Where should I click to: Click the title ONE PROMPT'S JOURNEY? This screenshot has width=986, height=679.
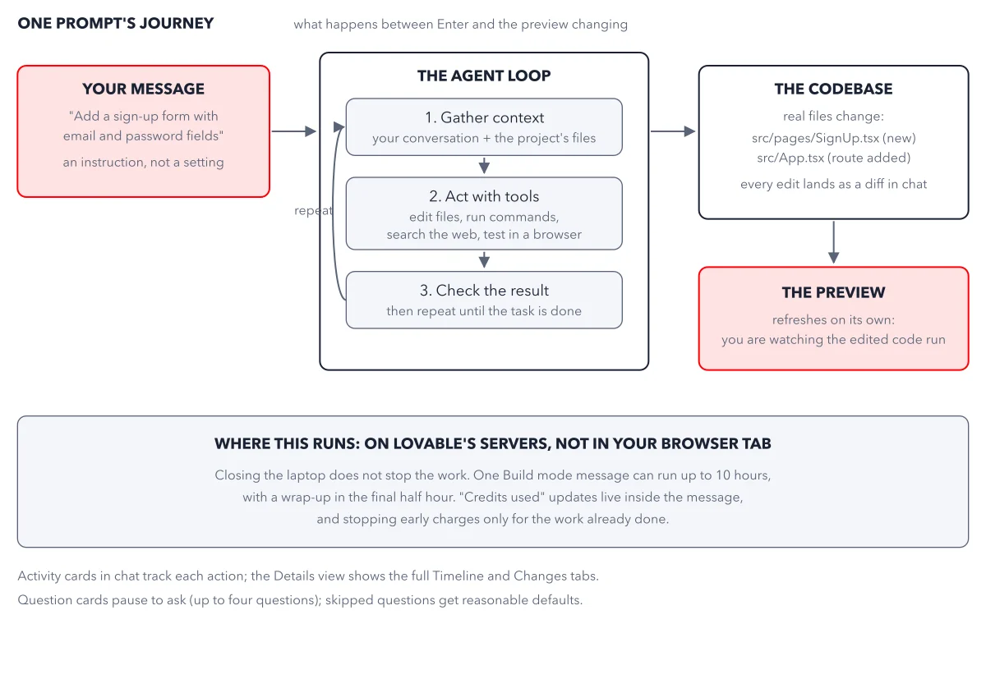(x=115, y=23)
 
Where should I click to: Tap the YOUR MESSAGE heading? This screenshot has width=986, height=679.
(x=143, y=89)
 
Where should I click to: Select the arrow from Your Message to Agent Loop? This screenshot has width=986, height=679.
(x=293, y=131)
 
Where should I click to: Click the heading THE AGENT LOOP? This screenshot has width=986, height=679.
(x=484, y=76)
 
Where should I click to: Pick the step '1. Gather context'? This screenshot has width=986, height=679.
(x=484, y=127)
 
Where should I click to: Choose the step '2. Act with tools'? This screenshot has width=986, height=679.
(x=484, y=213)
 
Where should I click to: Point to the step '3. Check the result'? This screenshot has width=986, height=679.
(x=484, y=300)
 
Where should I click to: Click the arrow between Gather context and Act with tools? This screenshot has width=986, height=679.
(x=484, y=165)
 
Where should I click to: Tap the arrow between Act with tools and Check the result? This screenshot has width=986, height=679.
(x=484, y=260)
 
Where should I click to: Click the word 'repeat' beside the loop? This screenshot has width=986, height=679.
(x=313, y=211)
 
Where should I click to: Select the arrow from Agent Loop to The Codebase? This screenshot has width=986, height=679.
(x=673, y=131)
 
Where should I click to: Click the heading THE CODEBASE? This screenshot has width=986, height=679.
(x=833, y=89)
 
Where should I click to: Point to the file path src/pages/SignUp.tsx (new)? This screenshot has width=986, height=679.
(x=833, y=138)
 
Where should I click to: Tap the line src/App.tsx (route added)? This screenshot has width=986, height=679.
(x=833, y=158)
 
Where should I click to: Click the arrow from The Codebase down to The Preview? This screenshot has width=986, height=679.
(x=834, y=242)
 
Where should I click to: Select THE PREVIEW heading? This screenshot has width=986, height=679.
(x=833, y=292)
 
